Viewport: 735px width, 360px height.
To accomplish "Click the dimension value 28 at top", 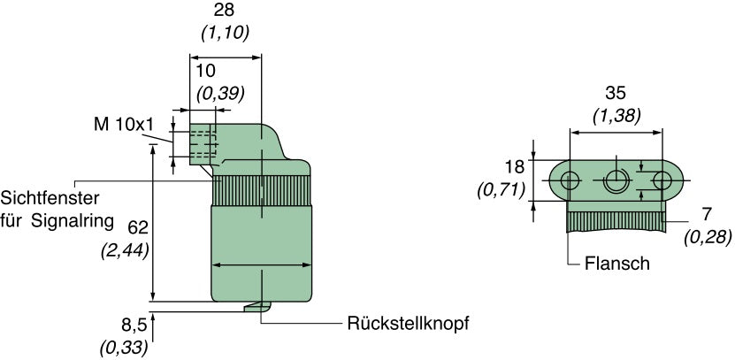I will (226, 11).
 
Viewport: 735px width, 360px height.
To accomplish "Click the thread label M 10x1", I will (123, 125).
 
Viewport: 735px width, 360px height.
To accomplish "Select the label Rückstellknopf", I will (406, 324).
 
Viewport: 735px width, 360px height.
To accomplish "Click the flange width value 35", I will (616, 92).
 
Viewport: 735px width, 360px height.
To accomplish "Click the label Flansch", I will (617, 264).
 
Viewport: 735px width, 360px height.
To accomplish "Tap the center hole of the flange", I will (616, 181).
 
